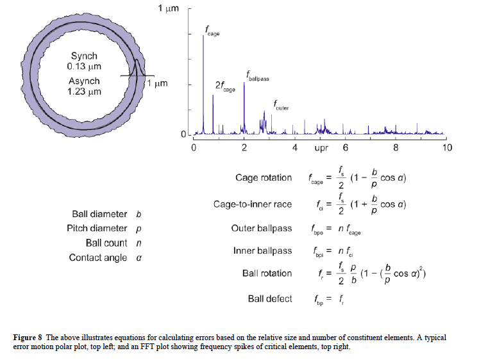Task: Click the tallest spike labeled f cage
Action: pos(203,83)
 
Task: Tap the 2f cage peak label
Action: pos(224,86)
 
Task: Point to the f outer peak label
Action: pos(281,105)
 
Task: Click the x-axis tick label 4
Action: pos(294,147)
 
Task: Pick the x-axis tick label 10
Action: pos(447,147)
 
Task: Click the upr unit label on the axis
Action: pos(322,147)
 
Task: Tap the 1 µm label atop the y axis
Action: pos(169,8)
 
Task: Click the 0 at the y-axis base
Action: pos(183,135)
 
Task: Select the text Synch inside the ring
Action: pos(84,56)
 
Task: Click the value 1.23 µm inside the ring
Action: pos(84,92)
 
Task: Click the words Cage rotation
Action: pos(264,177)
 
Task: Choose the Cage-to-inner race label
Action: pos(253,204)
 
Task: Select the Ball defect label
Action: pos(270,299)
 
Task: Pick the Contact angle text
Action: pos(99,258)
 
